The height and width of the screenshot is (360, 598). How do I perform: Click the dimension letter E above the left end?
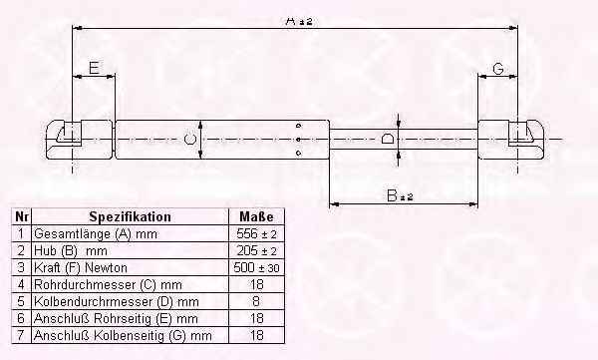click(95, 68)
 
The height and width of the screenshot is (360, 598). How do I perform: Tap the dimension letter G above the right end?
click(498, 69)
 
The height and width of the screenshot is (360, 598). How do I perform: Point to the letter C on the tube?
click(190, 140)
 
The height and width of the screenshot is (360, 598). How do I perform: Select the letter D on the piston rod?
click(388, 139)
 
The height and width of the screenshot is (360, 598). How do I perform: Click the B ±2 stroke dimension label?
click(400, 195)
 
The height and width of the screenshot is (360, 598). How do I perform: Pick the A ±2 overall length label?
click(299, 21)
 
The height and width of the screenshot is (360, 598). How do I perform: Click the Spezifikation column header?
click(130, 216)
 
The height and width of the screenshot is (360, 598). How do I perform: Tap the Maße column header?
click(256, 216)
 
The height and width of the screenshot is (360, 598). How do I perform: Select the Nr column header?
click(22, 216)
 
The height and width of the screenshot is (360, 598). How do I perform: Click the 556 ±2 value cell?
click(256, 233)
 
